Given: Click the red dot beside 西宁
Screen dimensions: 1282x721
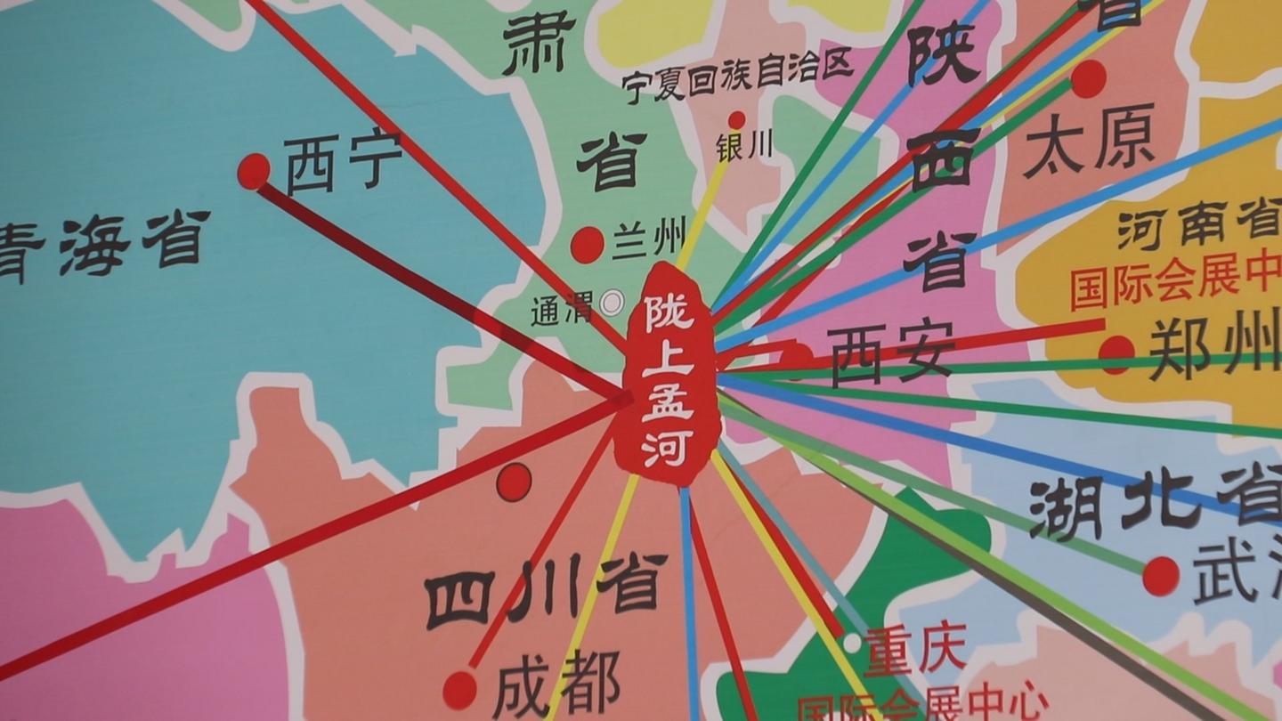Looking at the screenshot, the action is [x=254, y=170].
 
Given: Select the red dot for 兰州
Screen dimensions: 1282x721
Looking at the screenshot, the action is [x=588, y=245].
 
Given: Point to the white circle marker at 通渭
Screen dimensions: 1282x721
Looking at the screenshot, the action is [x=613, y=304].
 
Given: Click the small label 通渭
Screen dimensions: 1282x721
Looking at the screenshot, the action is [x=562, y=311].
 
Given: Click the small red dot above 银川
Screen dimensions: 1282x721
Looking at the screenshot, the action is [x=736, y=120].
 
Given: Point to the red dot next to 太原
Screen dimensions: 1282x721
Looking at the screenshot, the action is [x=1088, y=78].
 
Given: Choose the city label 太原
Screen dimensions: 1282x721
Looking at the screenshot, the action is [x=1089, y=140].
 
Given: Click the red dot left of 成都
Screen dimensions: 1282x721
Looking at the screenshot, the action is [x=459, y=689].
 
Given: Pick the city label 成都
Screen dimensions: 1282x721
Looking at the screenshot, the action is [x=556, y=687].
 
